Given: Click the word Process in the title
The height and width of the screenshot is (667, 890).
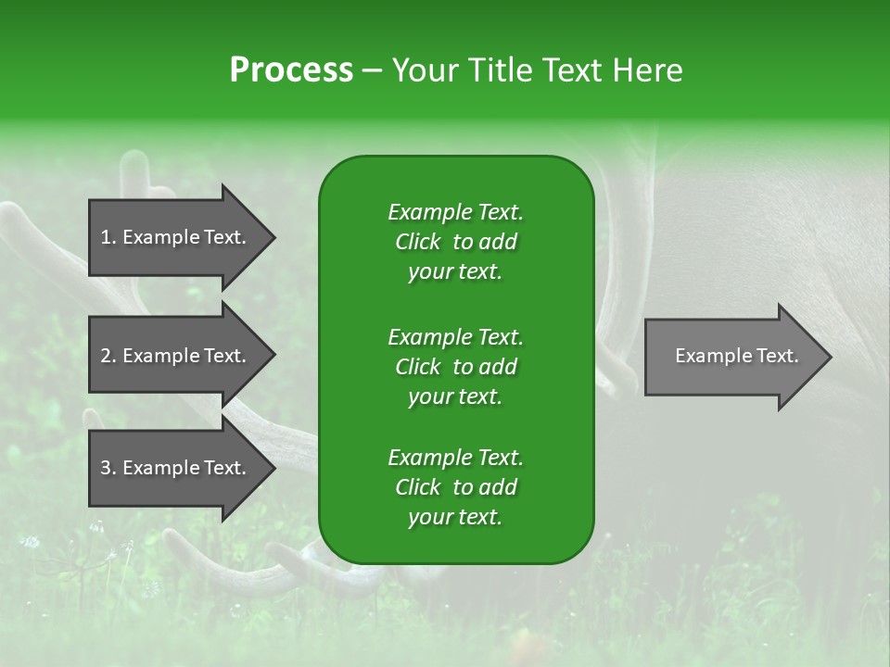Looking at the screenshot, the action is pos(291,70).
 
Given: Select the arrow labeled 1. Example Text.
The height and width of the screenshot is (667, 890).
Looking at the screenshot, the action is pos(182,237).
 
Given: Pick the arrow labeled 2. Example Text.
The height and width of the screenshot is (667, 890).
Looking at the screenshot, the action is pos(182,355).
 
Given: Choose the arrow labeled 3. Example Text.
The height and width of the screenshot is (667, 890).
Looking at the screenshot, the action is pos(182,467).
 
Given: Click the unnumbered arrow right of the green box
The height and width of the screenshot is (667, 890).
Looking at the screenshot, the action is pos(738,356).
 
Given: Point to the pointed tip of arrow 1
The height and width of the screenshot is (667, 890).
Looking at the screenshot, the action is pos(275,237).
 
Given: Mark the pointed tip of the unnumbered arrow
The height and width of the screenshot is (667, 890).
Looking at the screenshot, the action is pos(832,357).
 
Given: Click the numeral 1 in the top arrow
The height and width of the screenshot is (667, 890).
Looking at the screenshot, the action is pos(105,237).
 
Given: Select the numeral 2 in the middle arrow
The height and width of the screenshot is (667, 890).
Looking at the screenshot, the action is pos(105,356).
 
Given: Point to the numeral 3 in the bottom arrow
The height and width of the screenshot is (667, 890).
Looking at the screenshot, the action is pos(105,468).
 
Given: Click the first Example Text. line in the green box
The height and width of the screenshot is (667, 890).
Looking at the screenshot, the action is pos(456,212).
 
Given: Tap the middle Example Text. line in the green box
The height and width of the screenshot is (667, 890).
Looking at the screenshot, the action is pos(456,337).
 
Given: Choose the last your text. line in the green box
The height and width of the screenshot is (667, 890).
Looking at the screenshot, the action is pos(455,517).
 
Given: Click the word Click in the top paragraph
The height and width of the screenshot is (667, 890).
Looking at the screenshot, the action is pos(418,242).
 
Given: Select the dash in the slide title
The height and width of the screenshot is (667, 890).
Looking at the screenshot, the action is pos(372,71).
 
